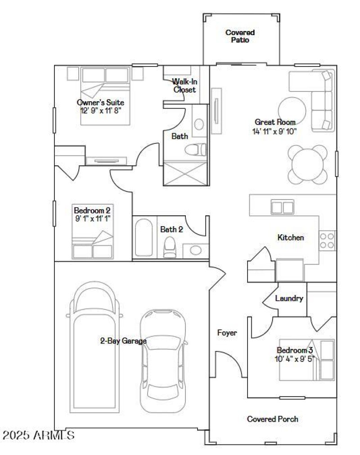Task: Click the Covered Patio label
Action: tap(240, 36)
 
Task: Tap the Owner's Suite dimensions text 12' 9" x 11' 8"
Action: tap(100, 110)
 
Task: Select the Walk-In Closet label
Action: tap(184, 85)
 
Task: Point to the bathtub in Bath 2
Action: tap(144, 238)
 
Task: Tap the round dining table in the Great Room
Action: tap(308, 164)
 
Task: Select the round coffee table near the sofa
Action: tap(293, 110)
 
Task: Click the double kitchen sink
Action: tap(282, 207)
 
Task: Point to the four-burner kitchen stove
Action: tap(327, 240)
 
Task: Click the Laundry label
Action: tap(289, 299)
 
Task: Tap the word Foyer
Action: tap(227, 333)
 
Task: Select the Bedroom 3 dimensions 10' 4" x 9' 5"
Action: tap(295, 359)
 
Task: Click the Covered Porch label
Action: tap(272, 419)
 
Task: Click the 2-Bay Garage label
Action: tap(123, 341)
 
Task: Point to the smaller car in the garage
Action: tap(162, 360)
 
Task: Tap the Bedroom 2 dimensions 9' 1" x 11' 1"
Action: tap(92, 218)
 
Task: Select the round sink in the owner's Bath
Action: tap(198, 124)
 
